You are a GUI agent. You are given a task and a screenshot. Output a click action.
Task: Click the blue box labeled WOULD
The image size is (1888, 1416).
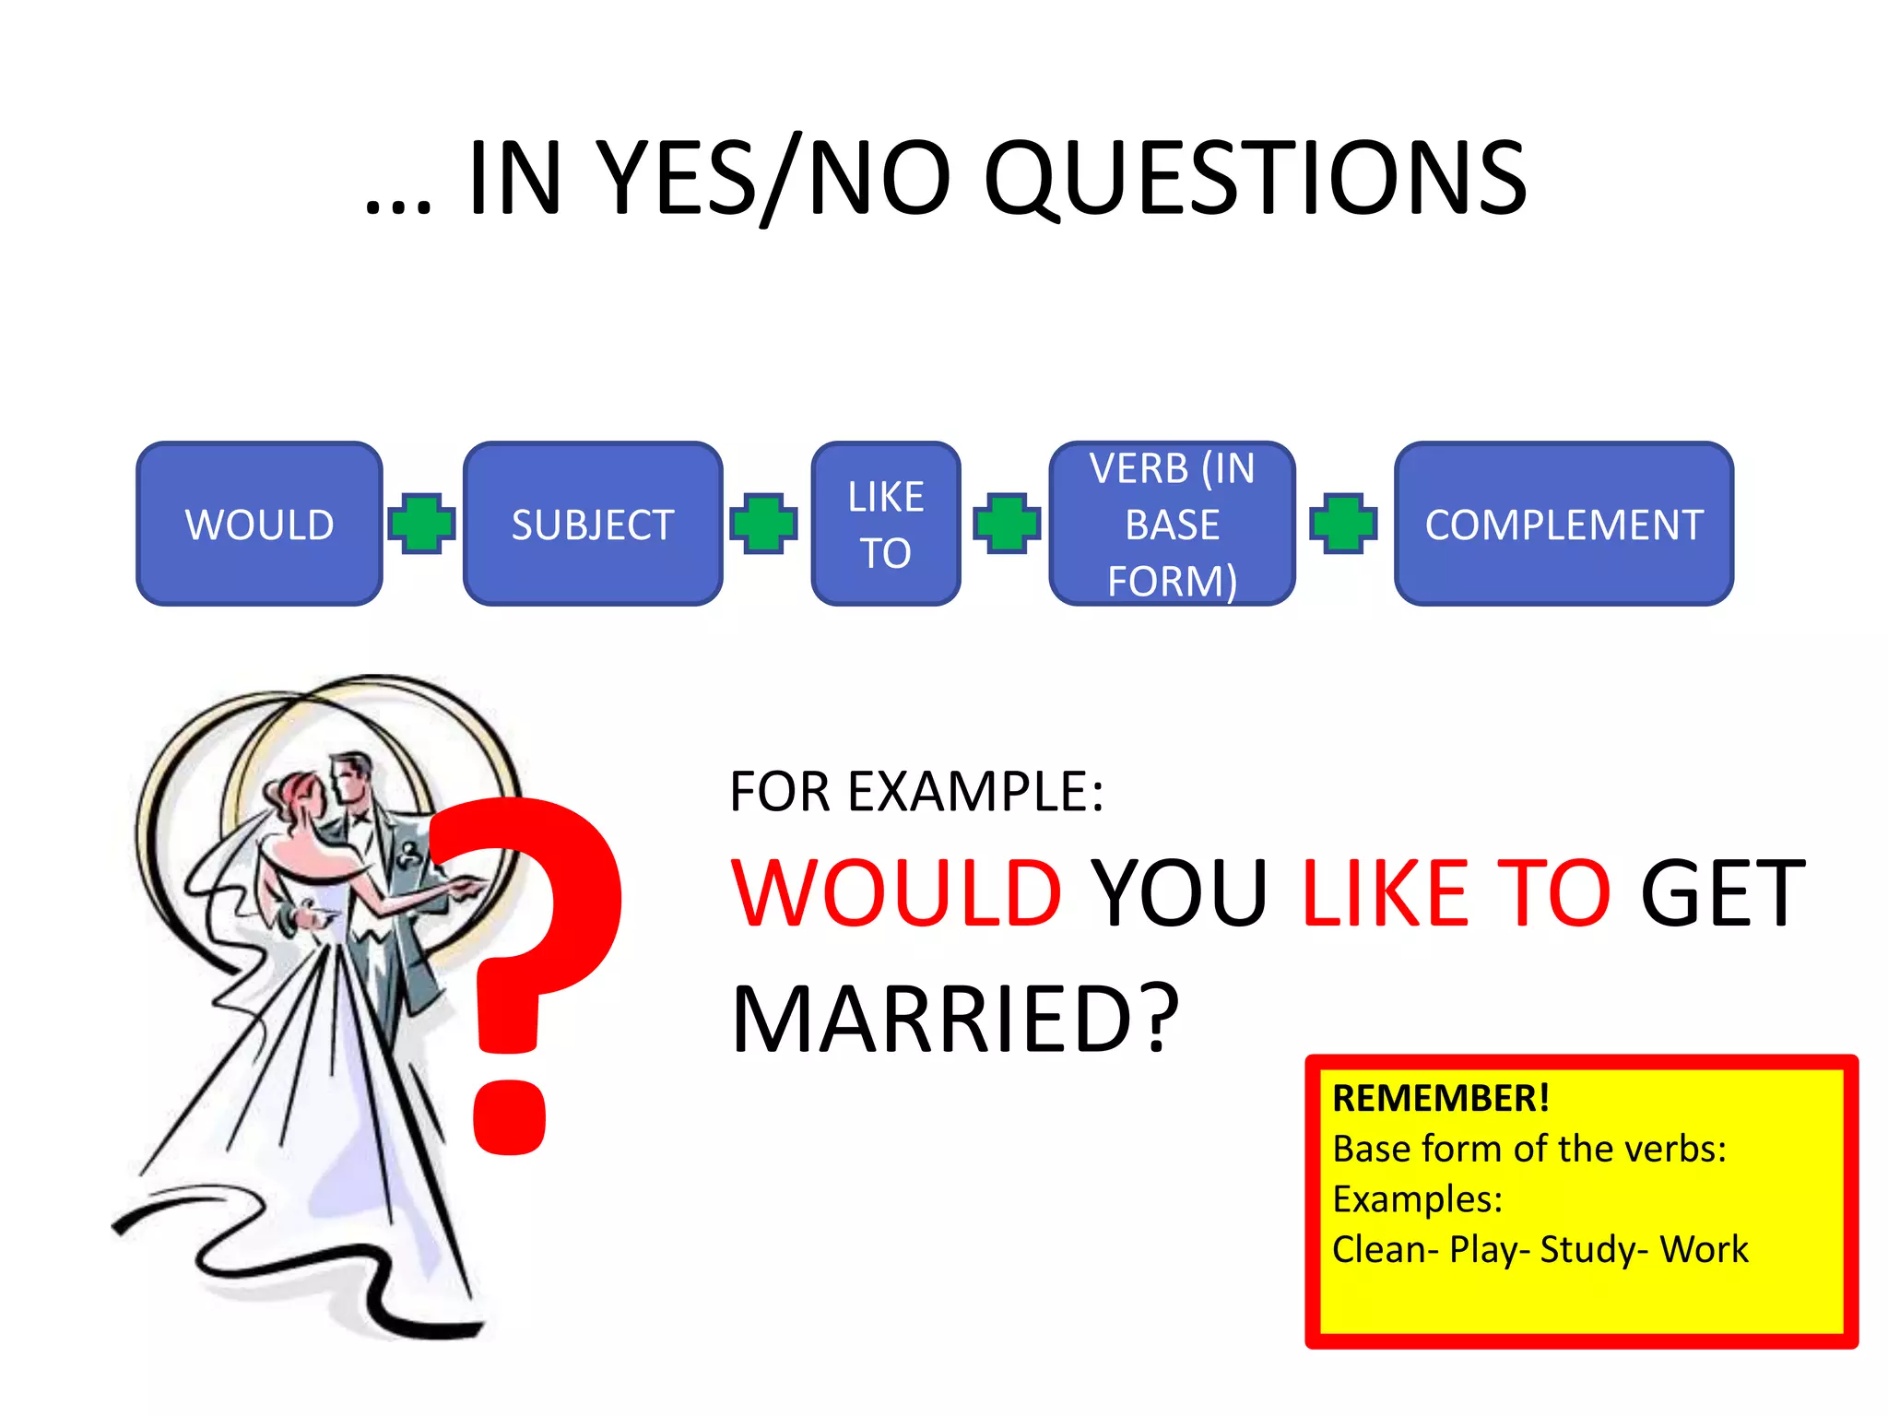(259, 524)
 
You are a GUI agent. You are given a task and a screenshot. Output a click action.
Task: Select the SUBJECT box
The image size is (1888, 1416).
(593, 524)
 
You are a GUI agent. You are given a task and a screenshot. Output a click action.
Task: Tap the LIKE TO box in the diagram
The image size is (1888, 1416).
(885, 524)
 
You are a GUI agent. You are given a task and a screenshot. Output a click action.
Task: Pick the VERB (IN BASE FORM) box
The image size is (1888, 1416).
(1172, 524)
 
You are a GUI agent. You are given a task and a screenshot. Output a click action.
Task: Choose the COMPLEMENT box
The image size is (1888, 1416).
(1563, 524)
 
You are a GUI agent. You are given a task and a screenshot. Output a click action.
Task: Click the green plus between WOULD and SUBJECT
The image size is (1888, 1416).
(422, 524)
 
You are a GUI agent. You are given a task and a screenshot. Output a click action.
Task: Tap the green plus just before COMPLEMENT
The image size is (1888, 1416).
(1343, 524)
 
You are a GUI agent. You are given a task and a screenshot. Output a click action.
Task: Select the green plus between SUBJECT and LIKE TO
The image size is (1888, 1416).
(763, 524)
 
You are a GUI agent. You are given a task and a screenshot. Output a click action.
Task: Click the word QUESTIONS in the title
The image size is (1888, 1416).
(1255, 178)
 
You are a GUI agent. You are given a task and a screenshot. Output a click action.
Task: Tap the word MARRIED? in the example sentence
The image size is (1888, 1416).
(954, 1019)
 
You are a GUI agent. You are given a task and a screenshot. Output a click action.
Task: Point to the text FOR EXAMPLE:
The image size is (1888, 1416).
(916, 791)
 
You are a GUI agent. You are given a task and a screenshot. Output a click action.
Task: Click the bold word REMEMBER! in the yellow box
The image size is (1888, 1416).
(1440, 1098)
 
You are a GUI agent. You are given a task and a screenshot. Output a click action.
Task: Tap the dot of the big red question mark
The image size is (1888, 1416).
(509, 1115)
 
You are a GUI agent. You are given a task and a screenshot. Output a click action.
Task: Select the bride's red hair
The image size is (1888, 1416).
(293, 793)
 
